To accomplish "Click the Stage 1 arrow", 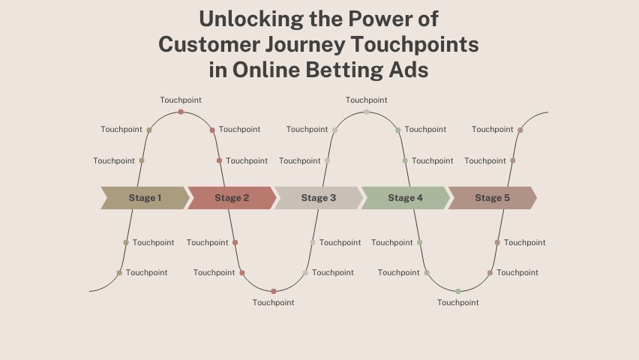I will point(145,198).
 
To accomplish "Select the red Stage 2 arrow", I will point(232,198).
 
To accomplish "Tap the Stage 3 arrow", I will point(319,198).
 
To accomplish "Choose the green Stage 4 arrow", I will point(405,198).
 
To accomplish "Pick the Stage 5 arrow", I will point(492,198).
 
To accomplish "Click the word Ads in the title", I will point(409,70).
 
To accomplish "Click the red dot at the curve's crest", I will point(181,112).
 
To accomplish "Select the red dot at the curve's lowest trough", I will point(274,291).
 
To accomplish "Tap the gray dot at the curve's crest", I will point(366,112).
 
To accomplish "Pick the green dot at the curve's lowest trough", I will point(458,291).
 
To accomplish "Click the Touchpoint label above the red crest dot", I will point(181,100).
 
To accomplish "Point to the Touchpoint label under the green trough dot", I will point(458,303).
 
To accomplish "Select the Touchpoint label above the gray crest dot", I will point(366,100).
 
